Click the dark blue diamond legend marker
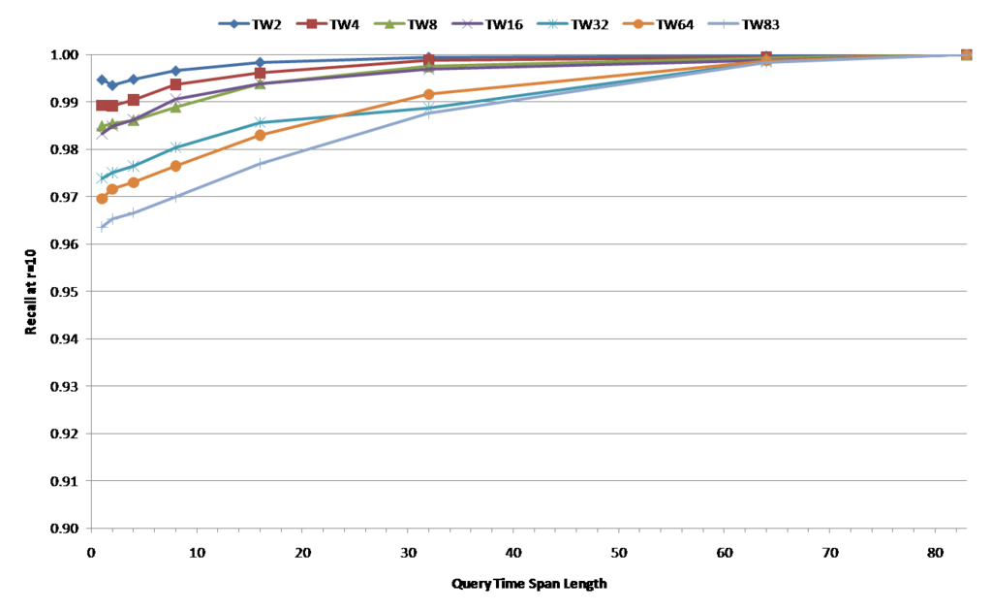(x=233, y=23)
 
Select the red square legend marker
(x=311, y=23)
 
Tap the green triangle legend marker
(x=389, y=23)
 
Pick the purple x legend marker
(x=467, y=23)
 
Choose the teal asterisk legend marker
(x=552, y=23)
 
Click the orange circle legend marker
(x=638, y=23)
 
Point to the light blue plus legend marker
(x=723, y=23)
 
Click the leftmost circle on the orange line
(x=102, y=198)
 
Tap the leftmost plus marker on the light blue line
(x=102, y=226)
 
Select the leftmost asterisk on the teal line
(x=102, y=177)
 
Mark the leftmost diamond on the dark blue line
(x=102, y=80)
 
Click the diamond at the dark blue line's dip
(x=112, y=85)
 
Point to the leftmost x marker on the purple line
(x=102, y=134)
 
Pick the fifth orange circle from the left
(x=260, y=136)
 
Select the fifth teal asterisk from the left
(x=260, y=122)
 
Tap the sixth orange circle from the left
(x=429, y=94)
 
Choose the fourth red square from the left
(x=175, y=84)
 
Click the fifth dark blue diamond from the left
(x=260, y=62)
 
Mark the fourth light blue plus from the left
(x=175, y=198)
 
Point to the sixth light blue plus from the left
(x=429, y=113)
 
